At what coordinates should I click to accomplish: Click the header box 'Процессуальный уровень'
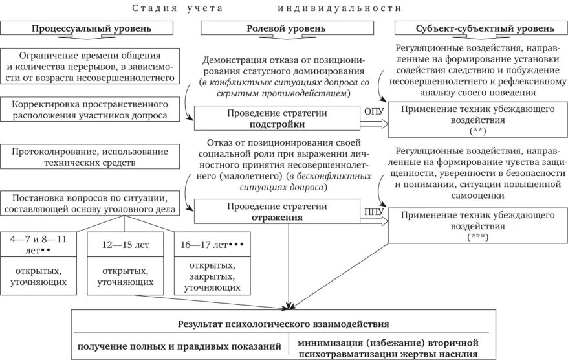[91, 28]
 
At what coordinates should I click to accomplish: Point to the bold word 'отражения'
[278, 217]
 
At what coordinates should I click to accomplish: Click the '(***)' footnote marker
[477, 237]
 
